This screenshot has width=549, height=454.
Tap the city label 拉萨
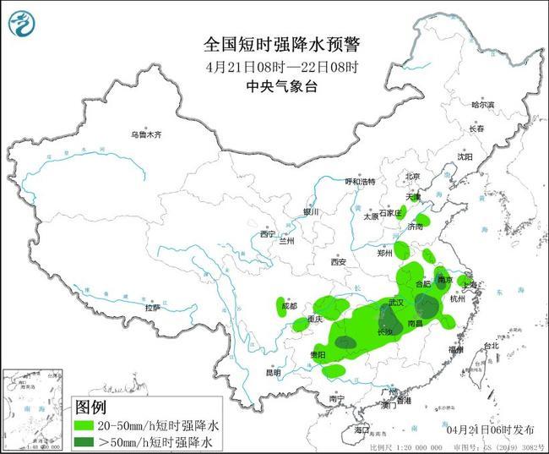(152, 308)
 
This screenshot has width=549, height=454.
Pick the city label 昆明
(273, 372)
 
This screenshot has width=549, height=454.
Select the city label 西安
(339, 261)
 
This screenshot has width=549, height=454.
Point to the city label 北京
(412, 176)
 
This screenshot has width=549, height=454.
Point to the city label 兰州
(287, 241)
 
